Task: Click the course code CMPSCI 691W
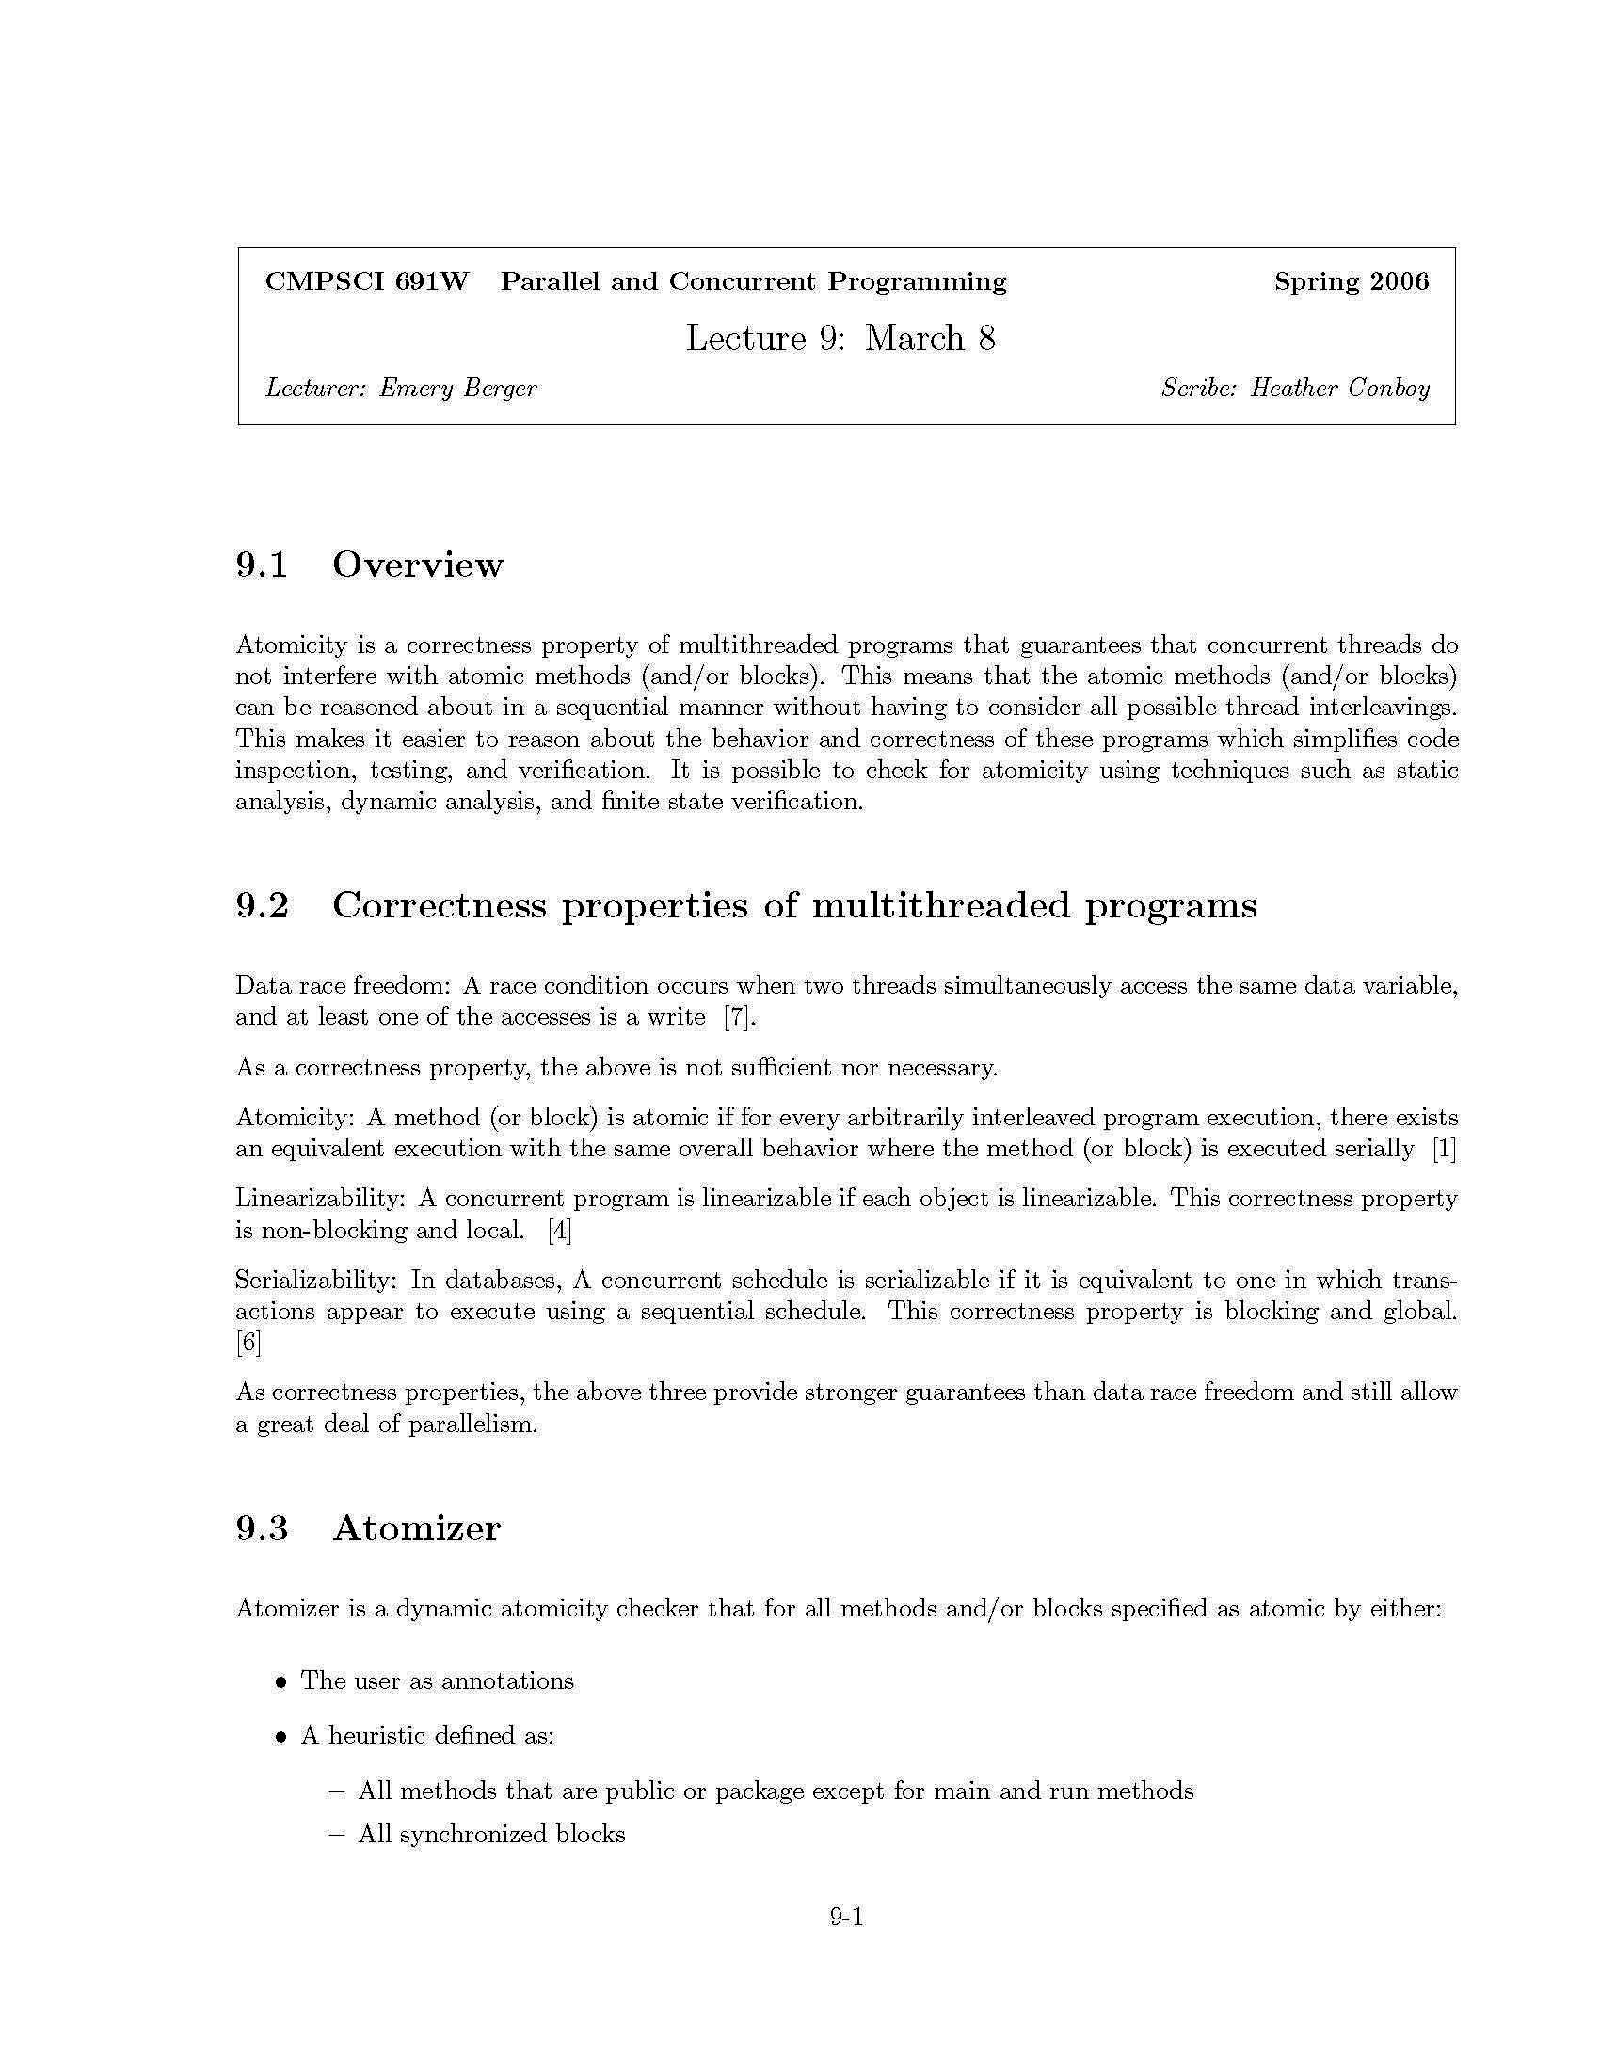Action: [x=367, y=281]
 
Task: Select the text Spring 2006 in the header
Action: [x=1351, y=281]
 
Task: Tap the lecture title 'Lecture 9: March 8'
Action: [x=840, y=338]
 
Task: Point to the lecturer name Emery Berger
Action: [x=457, y=388]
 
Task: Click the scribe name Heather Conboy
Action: [x=1339, y=388]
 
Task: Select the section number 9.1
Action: [x=262, y=565]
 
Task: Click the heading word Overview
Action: [x=417, y=565]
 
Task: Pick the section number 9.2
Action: [x=262, y=905]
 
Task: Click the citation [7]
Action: [x=741, y=1017]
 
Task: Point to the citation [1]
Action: [x=1444, y=1149]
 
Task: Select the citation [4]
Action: [x=559, y=1231]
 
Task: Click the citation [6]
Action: [x=248, y=1342]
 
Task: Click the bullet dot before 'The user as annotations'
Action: [x=280, y=1682]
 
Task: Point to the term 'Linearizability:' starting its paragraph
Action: [x=320, y=1199]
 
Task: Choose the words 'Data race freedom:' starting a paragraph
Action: [x=344, y=986]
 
